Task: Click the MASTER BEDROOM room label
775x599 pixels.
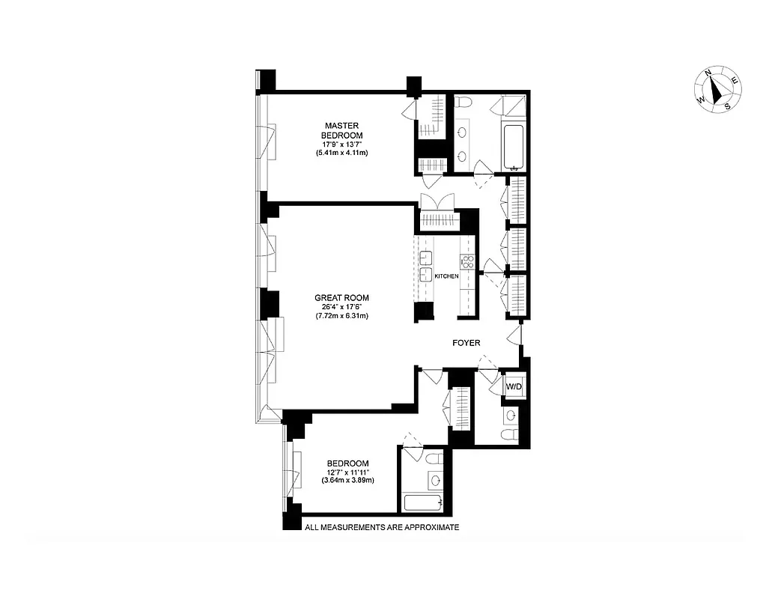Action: point(341,130)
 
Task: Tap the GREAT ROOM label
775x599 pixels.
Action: point(341,297)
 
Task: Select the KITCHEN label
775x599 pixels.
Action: point(446,276)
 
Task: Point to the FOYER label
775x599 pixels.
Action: point(466,343)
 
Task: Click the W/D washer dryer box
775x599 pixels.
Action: point(514,386)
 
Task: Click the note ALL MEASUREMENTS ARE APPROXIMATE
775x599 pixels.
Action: point(381,527)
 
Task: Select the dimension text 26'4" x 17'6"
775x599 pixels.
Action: point(341,306)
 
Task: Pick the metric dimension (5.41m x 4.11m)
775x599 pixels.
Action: point(341,153)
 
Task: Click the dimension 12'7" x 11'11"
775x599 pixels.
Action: point(350,472)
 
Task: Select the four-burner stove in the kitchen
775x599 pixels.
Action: point(467,261)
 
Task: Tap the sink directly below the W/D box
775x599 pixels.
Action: point(511,414)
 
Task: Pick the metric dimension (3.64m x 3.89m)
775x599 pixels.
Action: point(350,481)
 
